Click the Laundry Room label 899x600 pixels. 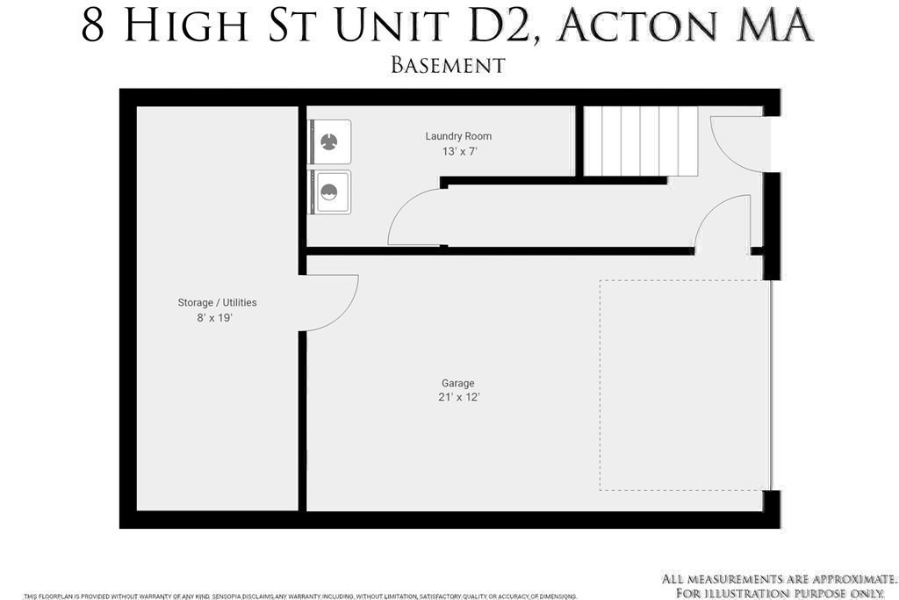tap(458, 136)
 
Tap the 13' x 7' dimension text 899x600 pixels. tap(459, 151)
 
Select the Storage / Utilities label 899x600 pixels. tap(217, 302)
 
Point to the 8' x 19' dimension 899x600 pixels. tap(214, 318)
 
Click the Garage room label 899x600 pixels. tap(457, 383)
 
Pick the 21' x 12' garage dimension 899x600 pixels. tap(459, 397)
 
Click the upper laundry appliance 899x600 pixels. tap(329, 141)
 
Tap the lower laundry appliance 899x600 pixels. tap(329, 192)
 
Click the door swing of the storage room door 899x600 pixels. tap(334, 301)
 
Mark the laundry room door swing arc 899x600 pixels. tap(411, 220)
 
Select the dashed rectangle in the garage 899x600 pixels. tap(684, 385)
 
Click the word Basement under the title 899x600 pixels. tap(448, 65)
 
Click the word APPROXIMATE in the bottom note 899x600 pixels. tap(852, 579)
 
